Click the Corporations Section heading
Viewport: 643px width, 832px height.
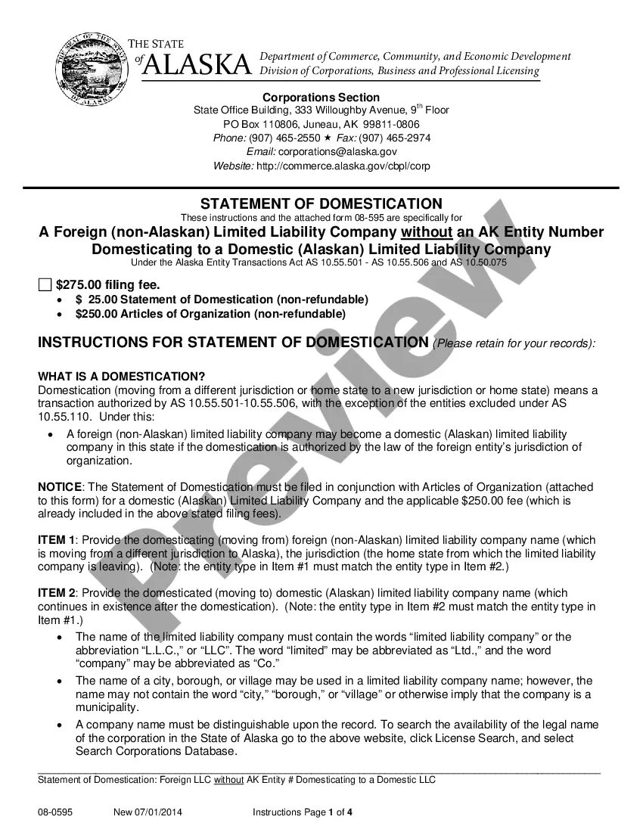pos(321,97)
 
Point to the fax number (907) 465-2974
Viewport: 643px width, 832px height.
pos(394,138)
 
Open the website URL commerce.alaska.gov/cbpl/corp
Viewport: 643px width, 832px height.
pos(343,166)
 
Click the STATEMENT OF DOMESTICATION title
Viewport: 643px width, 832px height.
pos(321,204)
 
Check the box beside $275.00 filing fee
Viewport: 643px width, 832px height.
pos(45,285)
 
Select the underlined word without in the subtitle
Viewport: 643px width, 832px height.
pos(426,232)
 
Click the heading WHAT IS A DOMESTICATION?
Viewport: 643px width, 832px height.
pos(121,377)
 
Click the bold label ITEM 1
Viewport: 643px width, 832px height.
pos(56,540)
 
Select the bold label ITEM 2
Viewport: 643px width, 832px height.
pos(56,593)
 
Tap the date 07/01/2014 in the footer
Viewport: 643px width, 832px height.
pos(159,812)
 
